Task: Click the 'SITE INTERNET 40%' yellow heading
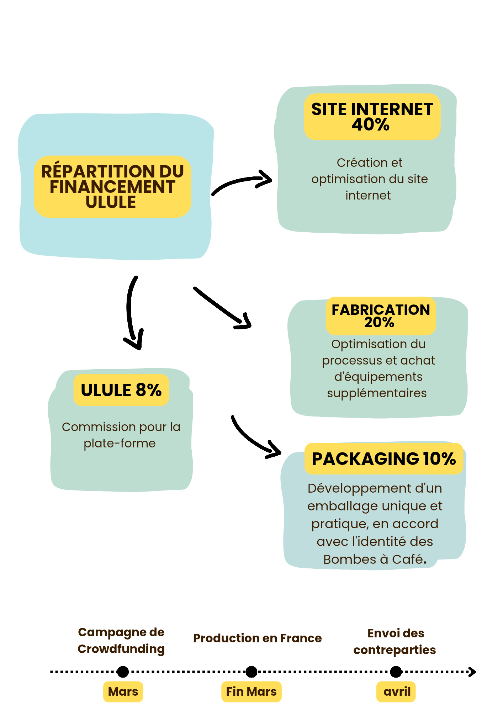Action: coord(372,117)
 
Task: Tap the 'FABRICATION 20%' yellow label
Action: coord(381,316)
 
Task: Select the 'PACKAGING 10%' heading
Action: coord(383,458)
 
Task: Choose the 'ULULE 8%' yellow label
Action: coord(121,390)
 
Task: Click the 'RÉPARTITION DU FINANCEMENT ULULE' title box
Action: coord(112,186)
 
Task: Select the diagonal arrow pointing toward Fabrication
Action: coord(222,308)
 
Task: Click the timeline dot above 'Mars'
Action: coord(123,672)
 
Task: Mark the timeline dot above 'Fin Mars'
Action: coord(251,672)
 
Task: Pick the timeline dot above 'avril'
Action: coord(396,672)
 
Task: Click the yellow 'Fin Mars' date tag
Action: coord(251,691)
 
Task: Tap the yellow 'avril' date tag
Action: coord(396,691)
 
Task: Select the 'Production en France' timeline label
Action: coord(257,638)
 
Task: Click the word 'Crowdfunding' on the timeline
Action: coord(121,649)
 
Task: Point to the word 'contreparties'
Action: coord(395,650)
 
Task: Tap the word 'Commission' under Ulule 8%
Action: coord(93,427)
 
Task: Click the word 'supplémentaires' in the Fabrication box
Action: coord(377,393)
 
